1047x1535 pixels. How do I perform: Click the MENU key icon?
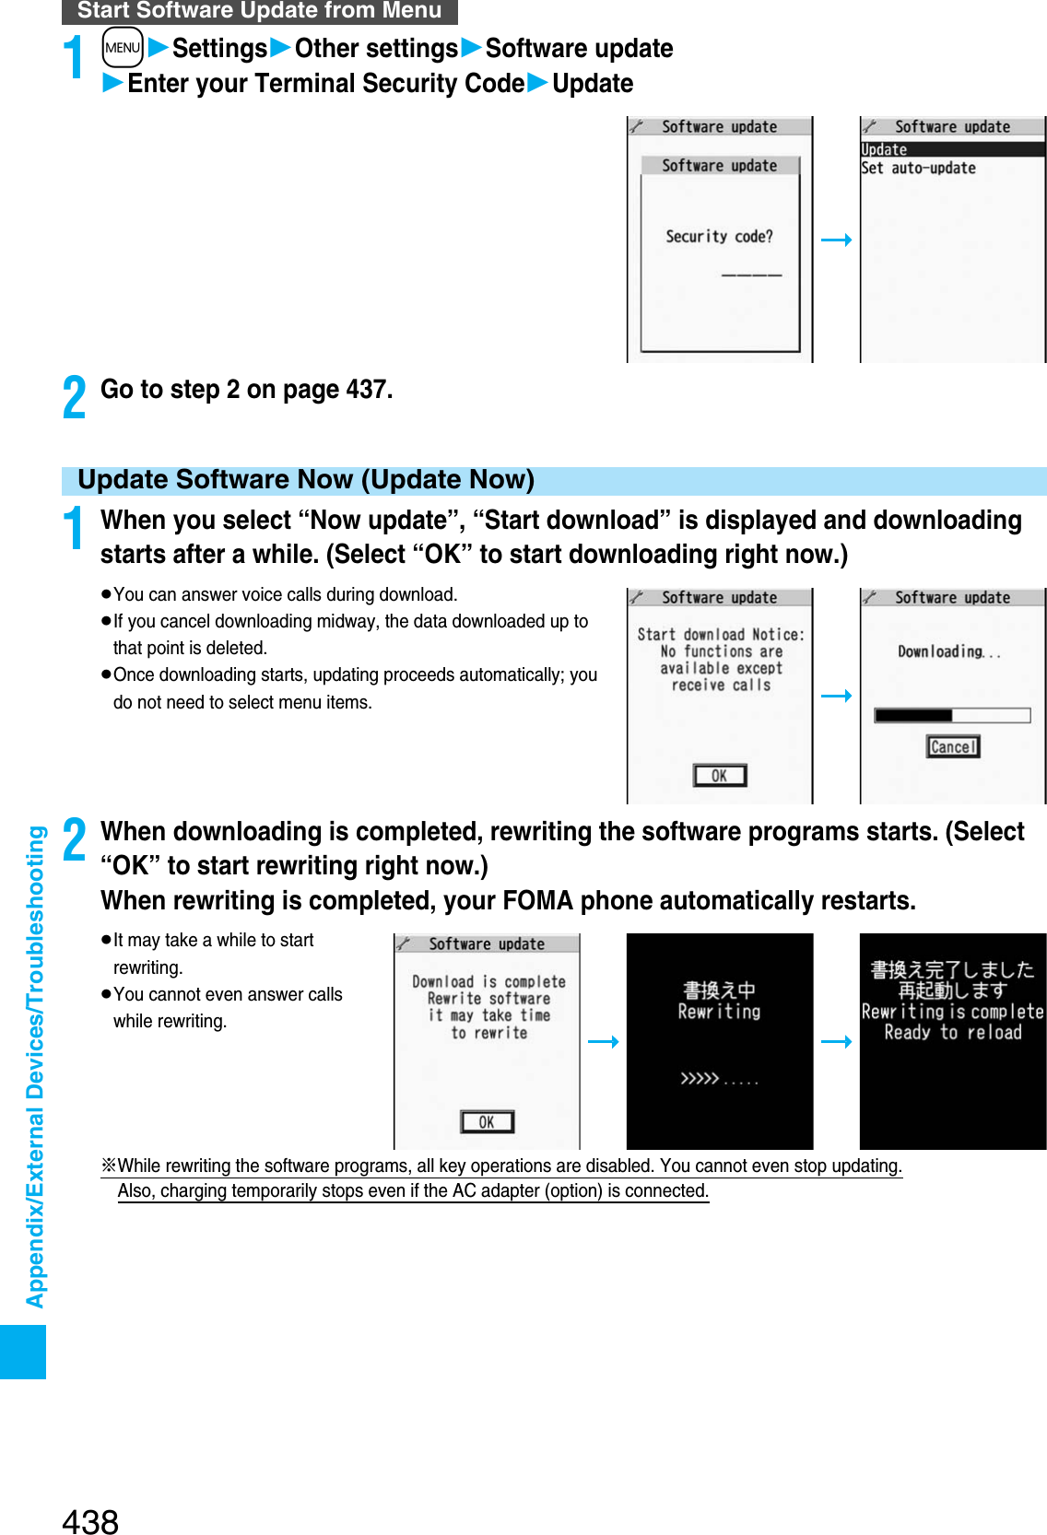[123, 48]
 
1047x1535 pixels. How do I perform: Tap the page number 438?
[90, 1521]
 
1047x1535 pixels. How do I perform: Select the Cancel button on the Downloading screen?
[953, 746]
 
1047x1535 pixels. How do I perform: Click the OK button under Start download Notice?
[720, 776]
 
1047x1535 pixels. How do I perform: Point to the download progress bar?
[952, 715]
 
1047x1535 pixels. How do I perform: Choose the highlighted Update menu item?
[952, 149]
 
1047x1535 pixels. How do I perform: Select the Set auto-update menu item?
[919, 168]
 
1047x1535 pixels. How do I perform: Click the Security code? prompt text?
[720, 237]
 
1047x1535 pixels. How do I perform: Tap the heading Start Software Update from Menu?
[259, 11]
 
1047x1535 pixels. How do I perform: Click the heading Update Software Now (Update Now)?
[306, 480]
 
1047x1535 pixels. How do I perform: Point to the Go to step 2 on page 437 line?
[246, 390]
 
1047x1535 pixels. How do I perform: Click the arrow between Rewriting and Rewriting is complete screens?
[836, 1042]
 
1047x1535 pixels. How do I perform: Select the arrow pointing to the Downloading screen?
[836, 696]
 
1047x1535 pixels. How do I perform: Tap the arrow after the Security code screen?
[836, 240]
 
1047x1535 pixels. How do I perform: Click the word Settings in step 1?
[219, 48]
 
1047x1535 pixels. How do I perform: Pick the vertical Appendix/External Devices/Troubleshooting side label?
[35, 1066]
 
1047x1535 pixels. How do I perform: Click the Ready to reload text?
[953, 1033]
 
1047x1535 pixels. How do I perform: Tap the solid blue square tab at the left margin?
[23, 1352]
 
